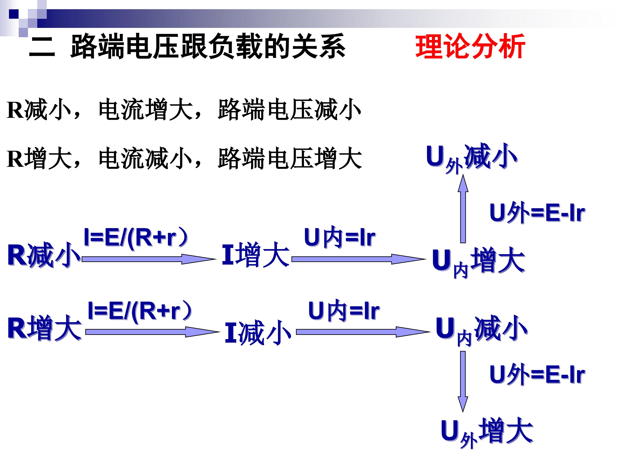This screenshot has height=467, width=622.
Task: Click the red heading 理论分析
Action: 470,46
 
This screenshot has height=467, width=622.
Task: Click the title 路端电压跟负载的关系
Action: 208,46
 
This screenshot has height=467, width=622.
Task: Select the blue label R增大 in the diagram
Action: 44,328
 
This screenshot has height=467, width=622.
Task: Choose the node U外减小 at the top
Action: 471,158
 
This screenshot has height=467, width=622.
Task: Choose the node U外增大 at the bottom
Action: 486,432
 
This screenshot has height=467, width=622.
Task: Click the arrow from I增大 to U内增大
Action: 358,259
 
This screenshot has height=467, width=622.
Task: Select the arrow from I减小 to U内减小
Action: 363,332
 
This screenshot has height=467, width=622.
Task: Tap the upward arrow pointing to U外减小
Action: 463,208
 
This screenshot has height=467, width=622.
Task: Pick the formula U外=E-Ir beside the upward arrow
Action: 537,213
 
